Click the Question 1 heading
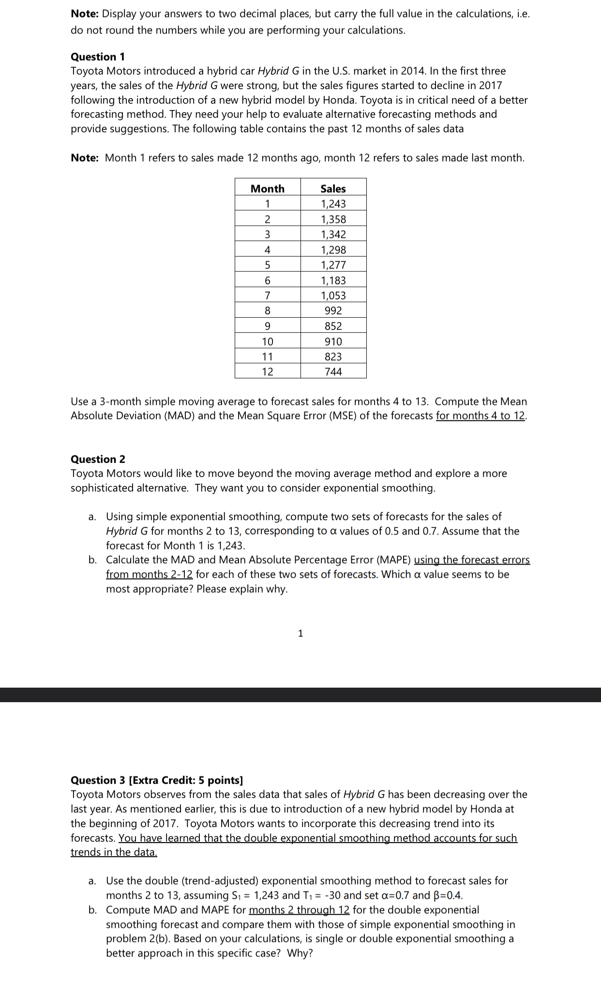click(98, 57)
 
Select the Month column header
click(268, 188)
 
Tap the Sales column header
click(333, 188)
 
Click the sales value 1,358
click(333, 219)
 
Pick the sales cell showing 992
click(333, 310)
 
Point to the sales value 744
click(333, 371)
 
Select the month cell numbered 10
click(268, 341)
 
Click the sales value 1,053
click(333, 295)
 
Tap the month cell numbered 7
click(268, 295)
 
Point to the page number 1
click(300, 633)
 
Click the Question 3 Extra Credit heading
click(157, 780)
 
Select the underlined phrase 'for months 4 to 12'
click(481, 416)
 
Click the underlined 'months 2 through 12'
click(299, 910)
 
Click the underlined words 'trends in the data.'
click(114, 852)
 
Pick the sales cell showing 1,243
click(333, 204)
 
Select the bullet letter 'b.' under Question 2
click(92, 560)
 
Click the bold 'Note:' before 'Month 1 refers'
click(85, 158)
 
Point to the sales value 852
click(333, 326)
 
